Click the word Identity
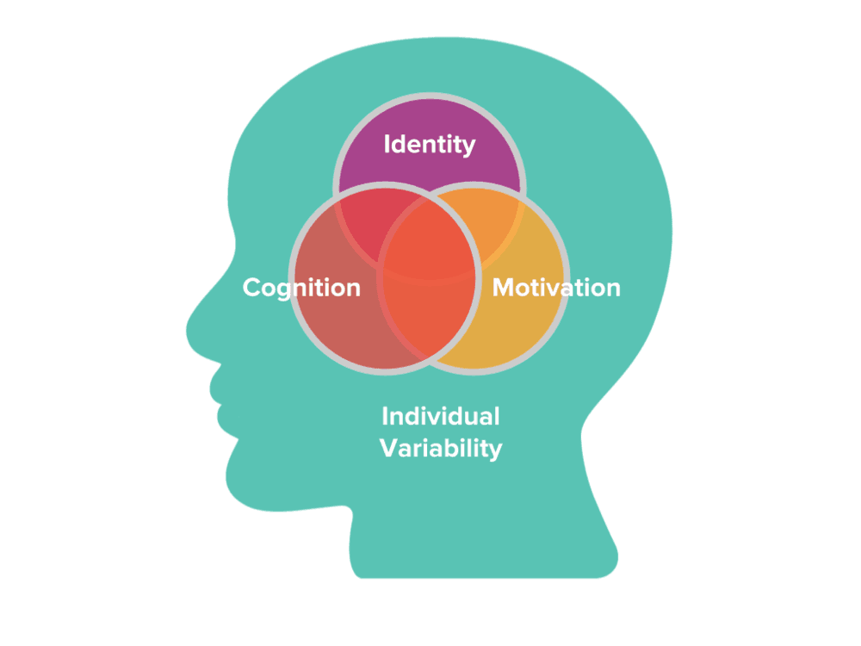(429, 144)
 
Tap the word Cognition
(301, 287)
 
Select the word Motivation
(555, 287)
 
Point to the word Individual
(440, 417)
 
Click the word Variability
(442, 448)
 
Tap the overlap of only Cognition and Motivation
(428, 327)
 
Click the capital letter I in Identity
(387, 144)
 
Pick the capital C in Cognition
(252, 287)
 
